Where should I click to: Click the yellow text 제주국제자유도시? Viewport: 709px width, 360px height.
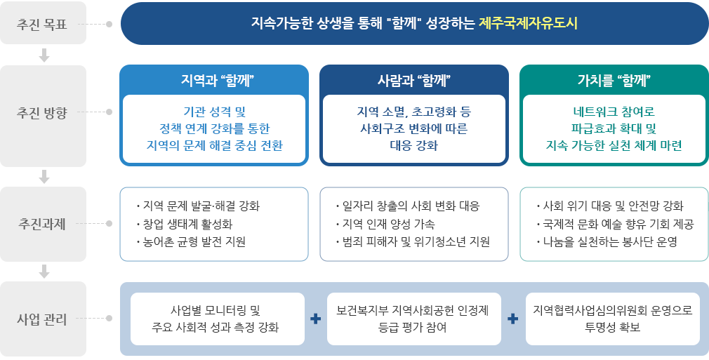pyautogui.click(x=528, y=23)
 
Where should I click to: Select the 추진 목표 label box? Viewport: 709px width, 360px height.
pyautogui.click(x=43, y=23)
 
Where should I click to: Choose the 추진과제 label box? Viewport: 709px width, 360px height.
pyautogui.click(x=43, y=225)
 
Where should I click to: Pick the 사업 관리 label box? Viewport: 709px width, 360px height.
pyautogui.click(x=43, y=320)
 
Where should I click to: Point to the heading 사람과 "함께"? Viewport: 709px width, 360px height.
pyautogui.click(x=413, y=79)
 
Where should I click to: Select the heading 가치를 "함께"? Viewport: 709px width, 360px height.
pyautogui.click(x=614, y=79)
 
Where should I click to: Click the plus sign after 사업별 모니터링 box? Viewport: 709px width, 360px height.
pyautogui.click(x=315, y=319)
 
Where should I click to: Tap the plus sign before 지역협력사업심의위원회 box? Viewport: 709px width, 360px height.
pyautogui.click(x=513, y=319)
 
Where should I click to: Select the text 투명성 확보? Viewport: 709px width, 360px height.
pyautogui.click(x=612, y=328)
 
